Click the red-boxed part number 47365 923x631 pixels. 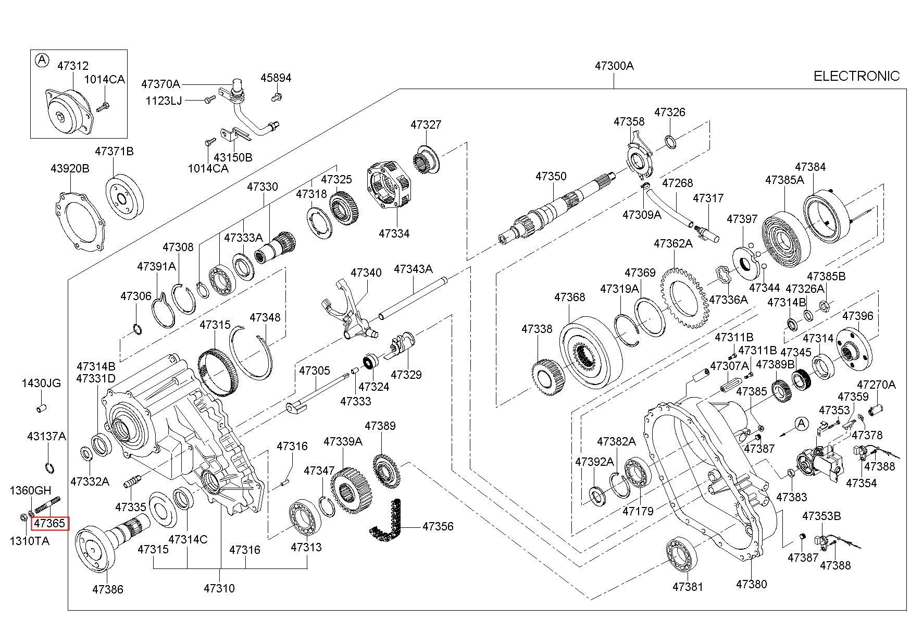tap(50, 523)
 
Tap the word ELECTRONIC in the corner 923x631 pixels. tap(856, 76)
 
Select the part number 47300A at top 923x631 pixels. tap(614, 66)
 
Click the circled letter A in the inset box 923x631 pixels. tap(42, 60)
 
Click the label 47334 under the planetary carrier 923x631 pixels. tap(394, 233)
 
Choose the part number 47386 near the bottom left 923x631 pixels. tap(108, 589)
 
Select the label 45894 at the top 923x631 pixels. tap(276, 78)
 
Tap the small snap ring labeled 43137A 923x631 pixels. tap(49, 468)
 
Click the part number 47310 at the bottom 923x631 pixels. tap(219, 588)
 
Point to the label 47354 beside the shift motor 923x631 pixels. tap(861, 483)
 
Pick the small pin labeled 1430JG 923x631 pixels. tap(42, 407)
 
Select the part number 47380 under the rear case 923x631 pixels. tap(751, 584)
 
